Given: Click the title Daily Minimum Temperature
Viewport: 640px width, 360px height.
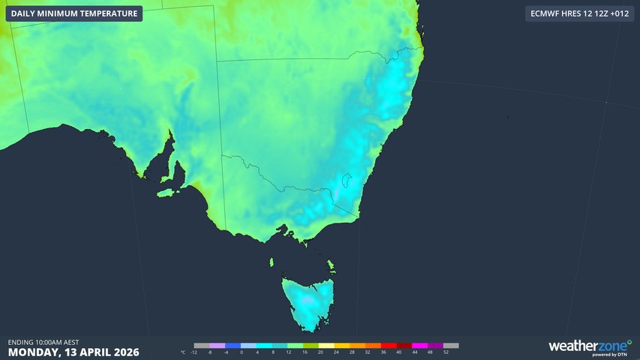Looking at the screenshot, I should pyautogui.click(x=74, y=13).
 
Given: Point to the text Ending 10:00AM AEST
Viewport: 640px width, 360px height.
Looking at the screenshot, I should pyautogui.click(x=44, y=342).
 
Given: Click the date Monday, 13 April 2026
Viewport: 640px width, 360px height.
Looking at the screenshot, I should pyautogui.click(x=74, y=352).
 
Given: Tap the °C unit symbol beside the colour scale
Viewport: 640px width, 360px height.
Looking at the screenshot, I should pyautogui.click(x=183, y=352).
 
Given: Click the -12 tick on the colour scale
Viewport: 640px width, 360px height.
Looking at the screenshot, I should pyautogui.click(x=194, y=352).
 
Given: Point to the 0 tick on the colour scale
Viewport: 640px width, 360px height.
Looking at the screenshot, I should pyautogui.click(x=242, y=352).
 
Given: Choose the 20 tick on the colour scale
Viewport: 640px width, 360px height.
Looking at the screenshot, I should pyautogui.click(x=320, y=352).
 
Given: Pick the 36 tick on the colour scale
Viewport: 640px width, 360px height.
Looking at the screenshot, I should pyautogui.click(x=383, y=352).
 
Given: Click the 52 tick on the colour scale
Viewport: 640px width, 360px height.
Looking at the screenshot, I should pyautogui.click(x=446, y=352).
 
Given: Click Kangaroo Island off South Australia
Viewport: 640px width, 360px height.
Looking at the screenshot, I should pyautogui.click(x=170, y=192).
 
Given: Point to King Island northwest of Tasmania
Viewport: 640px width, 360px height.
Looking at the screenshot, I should pyautogui.click(x=272, y=262).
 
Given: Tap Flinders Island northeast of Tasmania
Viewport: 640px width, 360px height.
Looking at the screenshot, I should pyautogui.click(x=330, y=265).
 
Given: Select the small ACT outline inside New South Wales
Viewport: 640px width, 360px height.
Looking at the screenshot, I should pyautogui.click(x=346, y=181).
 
